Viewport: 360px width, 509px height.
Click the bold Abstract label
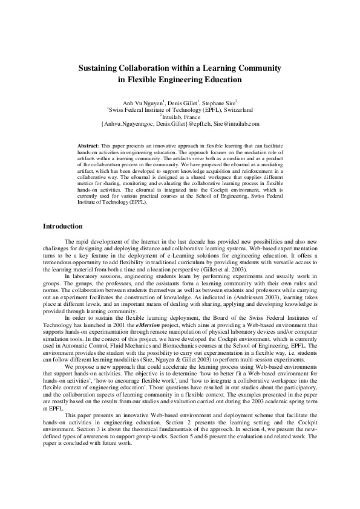point(90,146)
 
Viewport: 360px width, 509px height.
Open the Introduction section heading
point(62,227)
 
